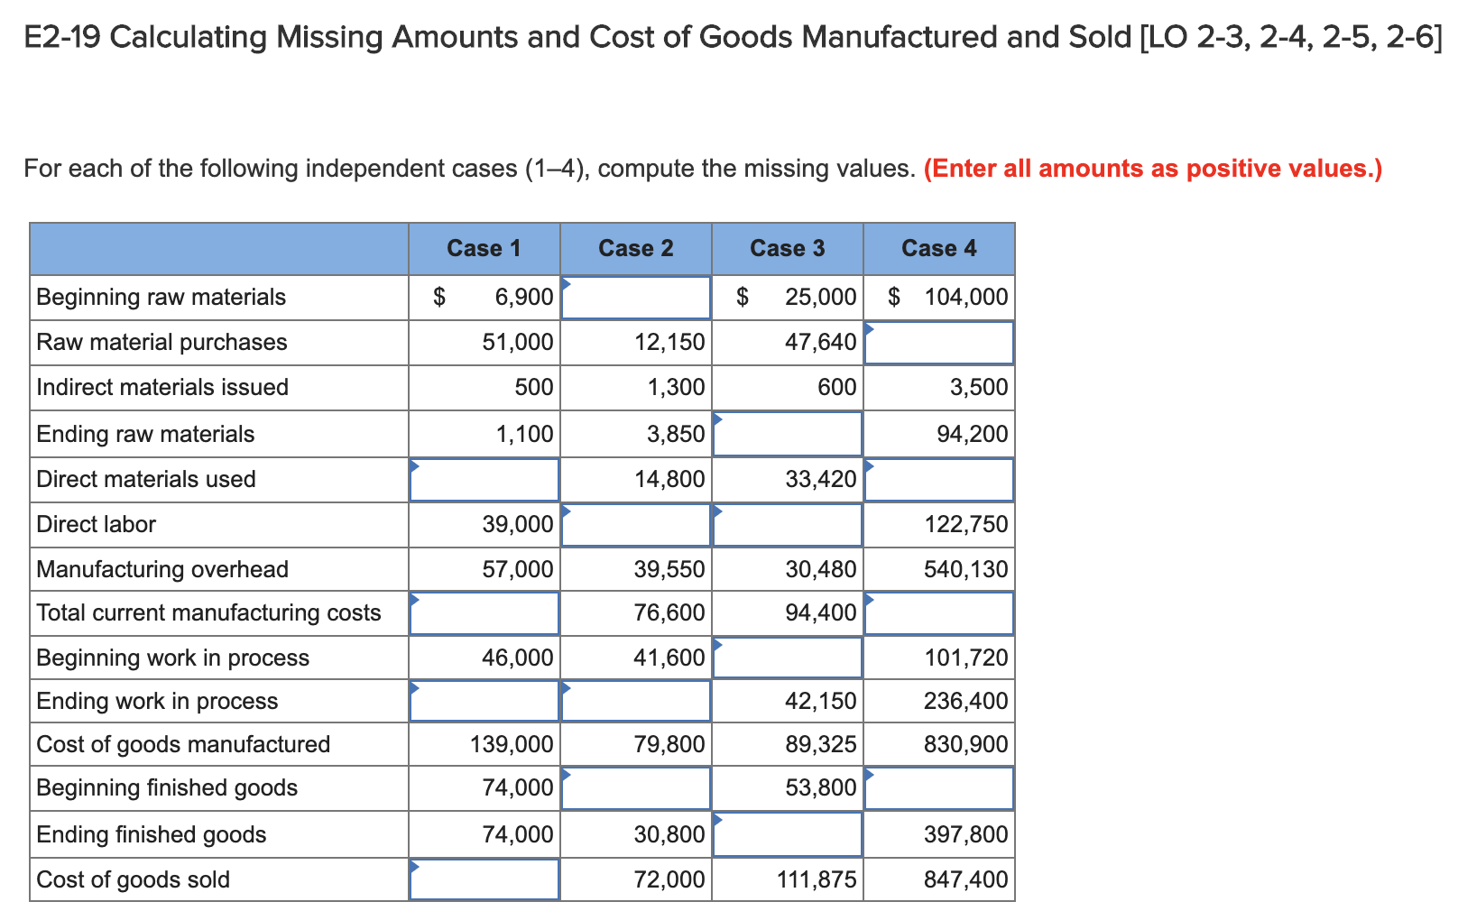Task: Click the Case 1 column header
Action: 484,248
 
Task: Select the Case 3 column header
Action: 787,248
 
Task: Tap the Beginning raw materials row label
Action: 161,297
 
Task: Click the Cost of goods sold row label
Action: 133,879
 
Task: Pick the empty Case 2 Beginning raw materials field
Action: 636,298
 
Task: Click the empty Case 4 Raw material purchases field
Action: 938,343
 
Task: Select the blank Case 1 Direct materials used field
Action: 484,479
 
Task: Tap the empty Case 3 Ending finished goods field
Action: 788,834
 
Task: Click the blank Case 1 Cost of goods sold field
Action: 484,879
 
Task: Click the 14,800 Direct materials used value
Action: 669,479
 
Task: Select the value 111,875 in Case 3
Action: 817,879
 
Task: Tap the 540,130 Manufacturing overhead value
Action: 965,569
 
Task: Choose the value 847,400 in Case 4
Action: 965,879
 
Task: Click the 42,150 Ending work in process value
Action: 821,701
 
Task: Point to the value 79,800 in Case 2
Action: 669,744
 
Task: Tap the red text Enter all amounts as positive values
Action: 1152,169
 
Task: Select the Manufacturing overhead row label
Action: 162,569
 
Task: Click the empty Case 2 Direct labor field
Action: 636,524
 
